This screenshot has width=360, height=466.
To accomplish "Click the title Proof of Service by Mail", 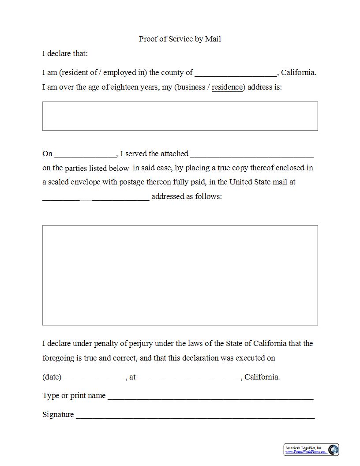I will (x=180, y=39).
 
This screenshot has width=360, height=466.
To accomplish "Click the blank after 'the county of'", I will (x=236, y=73).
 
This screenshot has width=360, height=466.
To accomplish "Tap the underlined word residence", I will (x=227, y=87).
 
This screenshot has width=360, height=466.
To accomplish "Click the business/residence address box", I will (x=180, y=116).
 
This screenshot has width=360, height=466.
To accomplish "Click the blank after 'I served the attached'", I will (x=252, y=154).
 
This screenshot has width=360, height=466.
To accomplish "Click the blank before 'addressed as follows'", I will (x=96, y=197).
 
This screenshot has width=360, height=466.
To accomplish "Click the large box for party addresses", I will (x=180, y=275).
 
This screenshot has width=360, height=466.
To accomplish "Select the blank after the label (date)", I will (x=95, y=378).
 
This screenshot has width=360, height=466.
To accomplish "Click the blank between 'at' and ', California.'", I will (x=189, y=378).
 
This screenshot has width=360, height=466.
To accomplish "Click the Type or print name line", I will (x=210, y=396).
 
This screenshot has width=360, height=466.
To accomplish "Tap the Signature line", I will (x=195, y=415).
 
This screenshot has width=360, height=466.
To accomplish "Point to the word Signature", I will (x=58, y=414).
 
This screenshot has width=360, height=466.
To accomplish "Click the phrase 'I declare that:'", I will (x=65, y=53).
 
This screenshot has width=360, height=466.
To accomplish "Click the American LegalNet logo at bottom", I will (x=311, y=450).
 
